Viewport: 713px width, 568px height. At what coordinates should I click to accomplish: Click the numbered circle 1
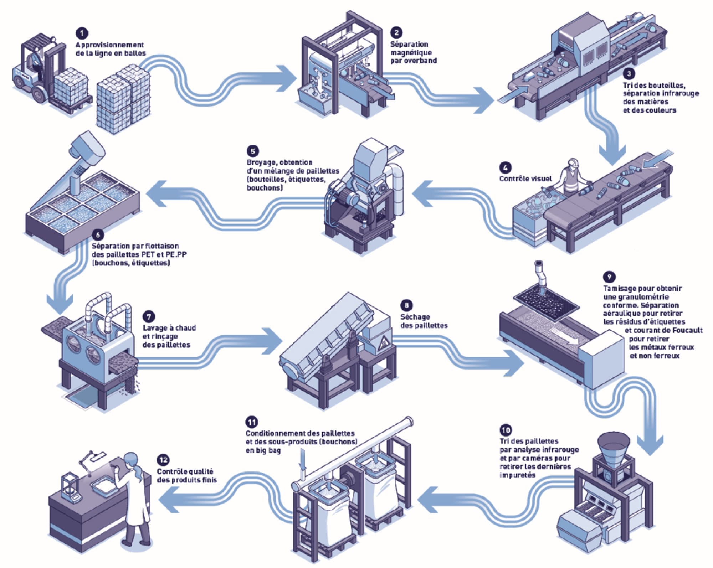(82, 33)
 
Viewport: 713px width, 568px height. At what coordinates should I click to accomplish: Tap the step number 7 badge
(149, 316)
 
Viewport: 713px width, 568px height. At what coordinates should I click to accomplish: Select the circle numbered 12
(163, 460)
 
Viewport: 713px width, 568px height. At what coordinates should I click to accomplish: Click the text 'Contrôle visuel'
(525, 179)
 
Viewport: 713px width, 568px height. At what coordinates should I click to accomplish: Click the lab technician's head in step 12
(131, 459)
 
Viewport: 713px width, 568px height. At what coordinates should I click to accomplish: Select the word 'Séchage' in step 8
(415, 317)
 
